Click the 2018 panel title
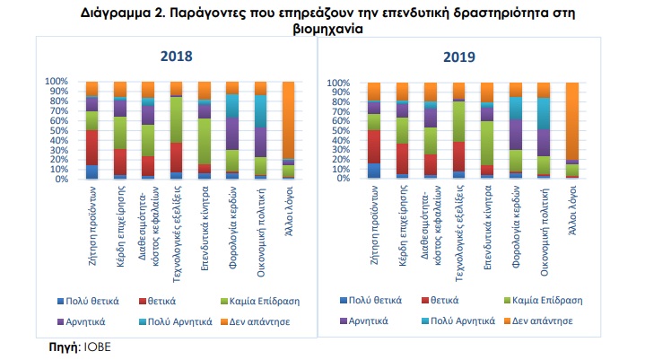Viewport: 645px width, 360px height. tap(176, 56)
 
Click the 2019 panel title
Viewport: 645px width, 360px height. tap(459, 57)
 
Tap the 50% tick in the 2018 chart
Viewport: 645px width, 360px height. tap(57, 130)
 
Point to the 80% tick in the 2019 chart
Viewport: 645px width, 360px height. tap(338, 101)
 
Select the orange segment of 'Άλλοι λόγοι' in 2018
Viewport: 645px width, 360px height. tap(288, 119)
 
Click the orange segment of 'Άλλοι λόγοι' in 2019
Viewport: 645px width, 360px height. tap(572, 121)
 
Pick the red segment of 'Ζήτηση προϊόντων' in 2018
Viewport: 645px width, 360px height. tap(92, 148)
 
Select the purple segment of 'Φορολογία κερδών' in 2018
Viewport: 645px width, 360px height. tap(232, 134)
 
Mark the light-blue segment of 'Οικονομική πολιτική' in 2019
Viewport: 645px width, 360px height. tap(544, 114)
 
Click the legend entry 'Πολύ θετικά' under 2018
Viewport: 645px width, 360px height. tap(88, 301)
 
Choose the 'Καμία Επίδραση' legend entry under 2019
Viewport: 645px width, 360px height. tap(544, 301)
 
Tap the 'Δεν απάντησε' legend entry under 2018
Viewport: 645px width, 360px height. tap(256, 321)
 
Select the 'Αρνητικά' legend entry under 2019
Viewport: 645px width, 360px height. tap(364, 320)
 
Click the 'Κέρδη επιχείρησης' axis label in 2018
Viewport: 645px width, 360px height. tap(120, 226)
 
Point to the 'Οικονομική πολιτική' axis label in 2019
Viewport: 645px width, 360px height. tap(545, 232)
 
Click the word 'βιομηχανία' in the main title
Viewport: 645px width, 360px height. tap(327, 29)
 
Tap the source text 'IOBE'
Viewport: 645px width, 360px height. tap(98, 347)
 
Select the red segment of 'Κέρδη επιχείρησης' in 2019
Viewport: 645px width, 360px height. tap(402, 159)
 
